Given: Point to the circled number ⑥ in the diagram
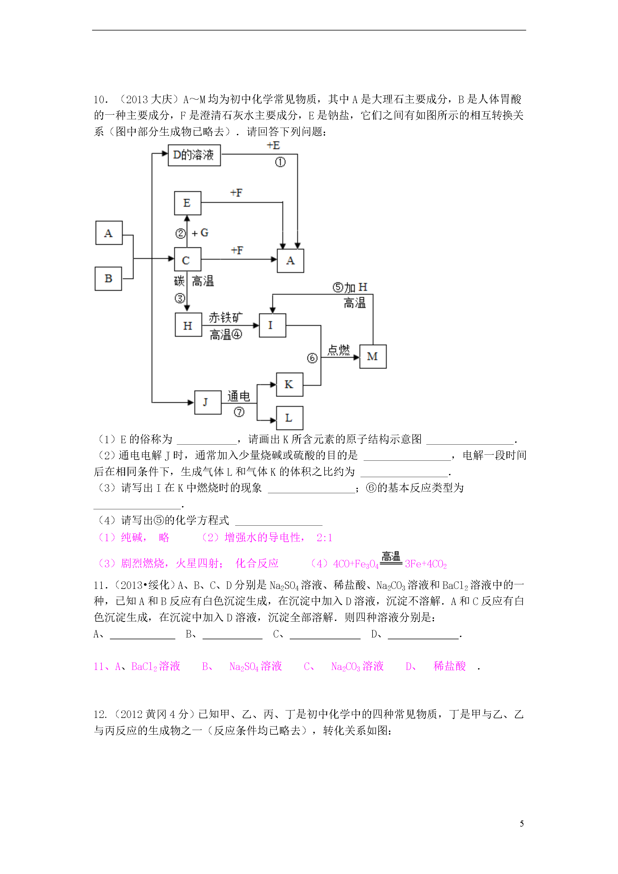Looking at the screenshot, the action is (312, 358).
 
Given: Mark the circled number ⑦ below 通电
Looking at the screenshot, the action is (239, 412).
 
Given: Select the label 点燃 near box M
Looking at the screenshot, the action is (339, 350).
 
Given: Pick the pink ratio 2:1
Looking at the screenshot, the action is (325, 537).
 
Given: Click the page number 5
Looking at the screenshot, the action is (522, 823).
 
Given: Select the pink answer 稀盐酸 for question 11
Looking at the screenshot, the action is (449, 666).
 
